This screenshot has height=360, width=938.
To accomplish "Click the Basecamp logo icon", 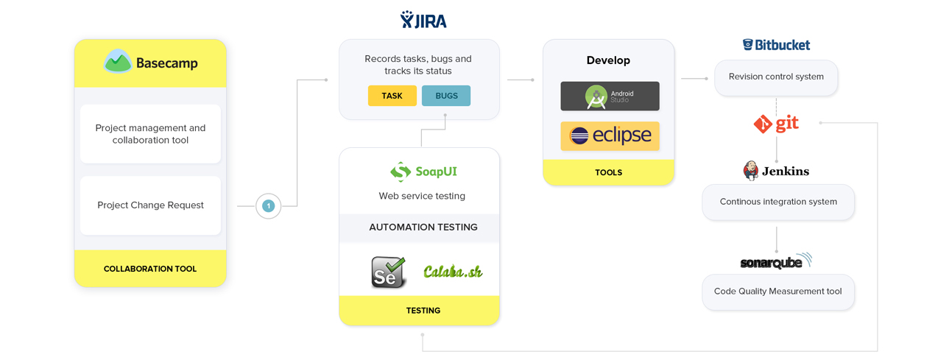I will pyautogui.click(x=118, y=62).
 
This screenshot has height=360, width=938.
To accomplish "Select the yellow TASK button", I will pyautogui.click(x=392, y=96).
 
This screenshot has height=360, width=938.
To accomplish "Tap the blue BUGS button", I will pyautogui.click(x=446, y=96).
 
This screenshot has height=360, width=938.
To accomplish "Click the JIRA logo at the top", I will pyautogui.click(x=423, y=20).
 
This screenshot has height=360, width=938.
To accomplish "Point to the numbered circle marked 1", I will pyautogui.click(x=268, y=206).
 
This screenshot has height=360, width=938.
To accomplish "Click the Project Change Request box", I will pyautogui.click(x=150, y=205).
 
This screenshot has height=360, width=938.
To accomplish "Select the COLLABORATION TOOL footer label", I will pyautogui.click(x=150, y=269).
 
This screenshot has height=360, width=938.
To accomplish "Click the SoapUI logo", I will pyautogui.click(x=423, y=172).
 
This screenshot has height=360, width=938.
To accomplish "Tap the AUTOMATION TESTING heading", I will pyautogui.click(x=423, y=227).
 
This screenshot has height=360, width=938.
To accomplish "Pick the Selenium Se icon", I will pyautogui.click(x=388, y=272).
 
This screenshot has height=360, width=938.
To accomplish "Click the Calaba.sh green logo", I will pyautogui.click(x=453, y=272).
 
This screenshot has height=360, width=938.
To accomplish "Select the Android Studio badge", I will pyautogui.click(x=610, y=96).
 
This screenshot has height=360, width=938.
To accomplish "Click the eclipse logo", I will pyautogui.click(x=610, y=136).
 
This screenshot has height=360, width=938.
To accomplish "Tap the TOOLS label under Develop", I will pyautogui.click(x=608, y=172).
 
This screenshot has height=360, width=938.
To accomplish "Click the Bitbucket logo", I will pyautogui.click(x=776, y=45).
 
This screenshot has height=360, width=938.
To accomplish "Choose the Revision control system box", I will pyautogui.click(x=776, y=77).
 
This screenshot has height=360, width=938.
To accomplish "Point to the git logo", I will pyautogui.click(x=776, y=124).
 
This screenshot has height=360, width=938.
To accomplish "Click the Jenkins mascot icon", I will pyautogui.click(x=751, y=171).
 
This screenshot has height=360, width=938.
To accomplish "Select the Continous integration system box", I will pyautogui.click(x=778, y=202).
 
